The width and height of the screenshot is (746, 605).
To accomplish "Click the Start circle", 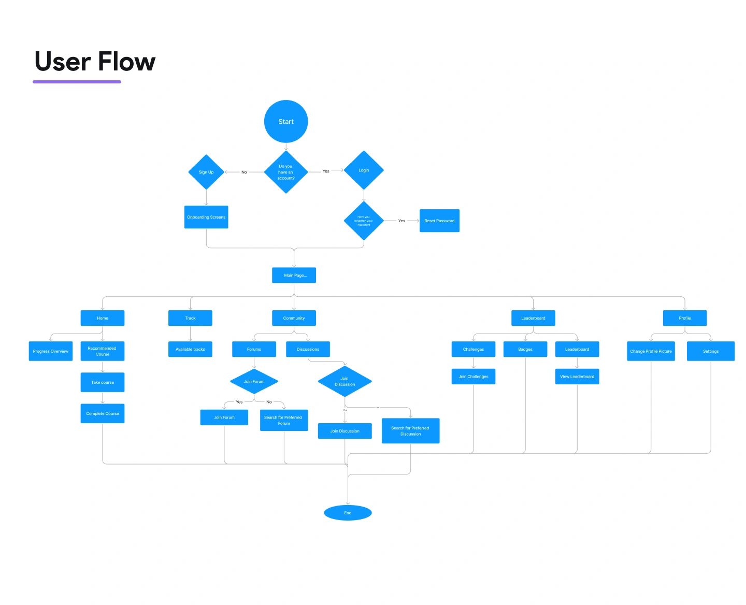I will click(x=286, y=122).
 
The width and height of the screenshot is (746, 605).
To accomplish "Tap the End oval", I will click(x=348, y=513).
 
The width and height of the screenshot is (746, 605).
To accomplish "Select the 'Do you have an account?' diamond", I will click(x=286, y=172).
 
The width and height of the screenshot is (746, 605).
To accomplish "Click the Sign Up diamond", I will click(x=206, y=172).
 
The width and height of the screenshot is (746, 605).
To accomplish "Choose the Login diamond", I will click(x=364, y=170).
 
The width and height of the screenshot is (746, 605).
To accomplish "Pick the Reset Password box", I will click(x=439, y=221).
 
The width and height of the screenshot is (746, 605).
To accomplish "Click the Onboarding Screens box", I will click(x=206, y=217).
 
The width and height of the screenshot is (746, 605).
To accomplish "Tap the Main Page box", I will click(x=294, y=275).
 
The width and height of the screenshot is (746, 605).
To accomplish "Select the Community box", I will click(x=294, y=318).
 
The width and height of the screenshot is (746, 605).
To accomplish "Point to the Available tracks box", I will click(x=190, y=349).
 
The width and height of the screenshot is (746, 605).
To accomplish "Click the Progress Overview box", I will click(x=51, y=351).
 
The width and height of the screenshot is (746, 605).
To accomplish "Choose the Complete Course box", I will click(x=103, y=413).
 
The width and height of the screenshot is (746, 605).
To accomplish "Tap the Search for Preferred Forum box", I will click(x=283, y=420).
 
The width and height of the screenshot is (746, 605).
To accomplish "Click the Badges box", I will click(x=525, y=349).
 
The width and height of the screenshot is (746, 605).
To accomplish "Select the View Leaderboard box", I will click(x=577, y=377).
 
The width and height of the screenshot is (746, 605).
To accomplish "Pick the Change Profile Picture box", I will click(x=651, y=351).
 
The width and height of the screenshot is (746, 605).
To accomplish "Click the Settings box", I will click(x=711, y=351).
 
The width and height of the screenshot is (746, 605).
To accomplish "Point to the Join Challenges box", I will click(x=474, y=377).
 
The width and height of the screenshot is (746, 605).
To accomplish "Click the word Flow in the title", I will click(x=126, y=62).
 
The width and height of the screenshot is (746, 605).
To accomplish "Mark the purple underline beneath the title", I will click(x=77, y=82).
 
